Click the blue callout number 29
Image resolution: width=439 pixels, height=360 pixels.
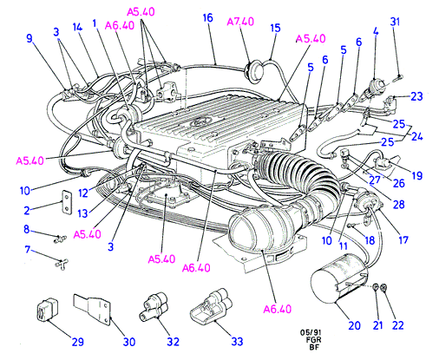(77, 342)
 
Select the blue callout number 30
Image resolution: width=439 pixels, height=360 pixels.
(129, 342)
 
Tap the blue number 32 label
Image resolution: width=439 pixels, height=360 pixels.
(173, 342)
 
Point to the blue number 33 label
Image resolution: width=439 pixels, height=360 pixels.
(237, 342)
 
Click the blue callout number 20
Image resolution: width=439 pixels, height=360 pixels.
(354, 325)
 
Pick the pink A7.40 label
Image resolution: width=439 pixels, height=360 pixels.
(240, 22)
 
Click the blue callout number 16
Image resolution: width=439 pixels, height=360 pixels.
(207, 18)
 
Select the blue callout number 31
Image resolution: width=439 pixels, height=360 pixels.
(395, 22)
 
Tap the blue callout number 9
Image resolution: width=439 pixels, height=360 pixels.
(29, 38)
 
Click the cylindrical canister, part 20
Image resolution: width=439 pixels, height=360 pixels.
(339, 278)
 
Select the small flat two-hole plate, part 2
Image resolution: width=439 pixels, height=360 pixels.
(67, 202)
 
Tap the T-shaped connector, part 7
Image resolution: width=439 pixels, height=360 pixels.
(61, 264)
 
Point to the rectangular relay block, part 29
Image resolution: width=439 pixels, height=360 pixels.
(47, 310)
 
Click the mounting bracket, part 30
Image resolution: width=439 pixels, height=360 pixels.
(93, 310)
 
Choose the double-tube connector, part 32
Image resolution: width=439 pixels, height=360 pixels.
(154, 307)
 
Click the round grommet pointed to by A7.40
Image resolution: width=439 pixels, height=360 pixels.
(254, 71)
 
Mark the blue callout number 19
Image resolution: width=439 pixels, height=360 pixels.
(416, 175)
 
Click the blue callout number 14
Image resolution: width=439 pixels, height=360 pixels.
(77, 27)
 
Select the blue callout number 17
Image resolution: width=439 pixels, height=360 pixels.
(403, 239)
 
